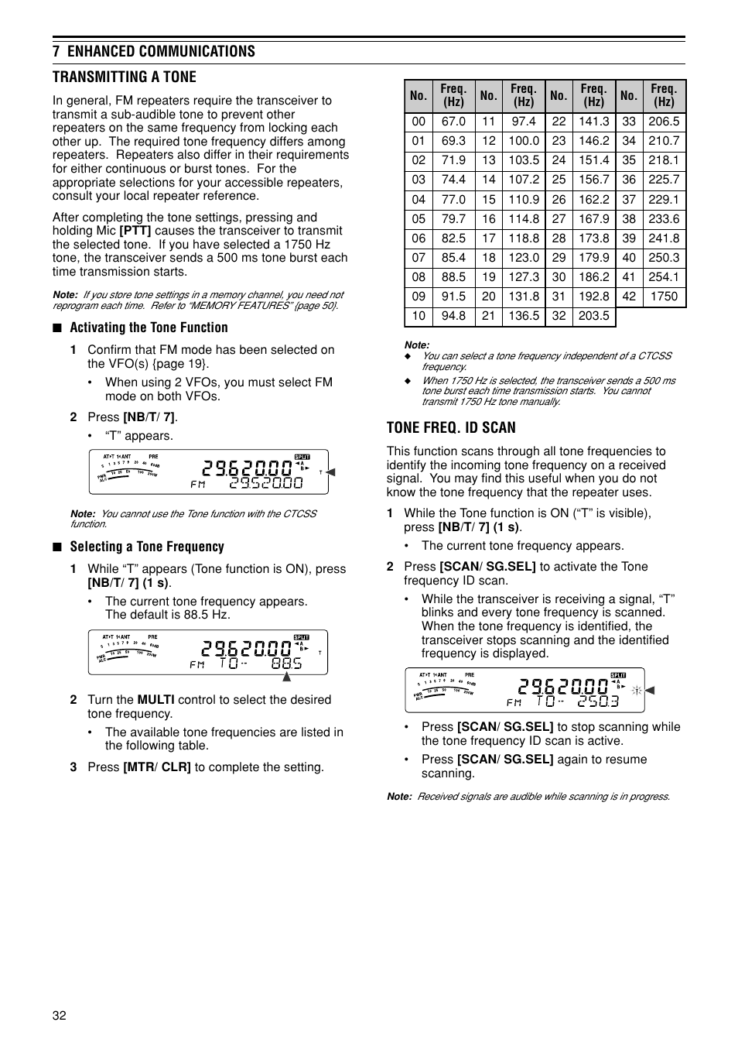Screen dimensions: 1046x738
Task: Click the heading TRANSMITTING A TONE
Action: (x=124, y=77)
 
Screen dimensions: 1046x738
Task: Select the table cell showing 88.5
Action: (x=453, y=277)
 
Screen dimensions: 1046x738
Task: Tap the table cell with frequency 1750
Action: (x=664, y=297)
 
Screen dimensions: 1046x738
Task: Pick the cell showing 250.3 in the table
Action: (x=664, y=258)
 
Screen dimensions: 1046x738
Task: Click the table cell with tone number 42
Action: (x=629, y=297)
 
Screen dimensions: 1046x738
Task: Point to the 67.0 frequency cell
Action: (x=453, y=122)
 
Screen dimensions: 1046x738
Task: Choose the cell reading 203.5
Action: (x=593, y=316)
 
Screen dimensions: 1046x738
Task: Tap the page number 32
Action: (x=60, y=1016)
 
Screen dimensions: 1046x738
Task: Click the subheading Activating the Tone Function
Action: (x=149, y=328)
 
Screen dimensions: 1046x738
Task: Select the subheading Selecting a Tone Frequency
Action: (x=147, y=547)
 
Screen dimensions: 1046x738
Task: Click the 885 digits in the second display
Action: (x=286, y=664)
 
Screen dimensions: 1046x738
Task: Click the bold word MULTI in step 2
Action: (x=155, y=700)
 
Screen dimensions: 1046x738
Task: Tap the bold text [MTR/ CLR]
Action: (x=157, y=767)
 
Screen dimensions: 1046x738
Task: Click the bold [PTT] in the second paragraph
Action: (x=135, y=231)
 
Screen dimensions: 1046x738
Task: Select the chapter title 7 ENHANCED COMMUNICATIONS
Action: (x=153, y=51)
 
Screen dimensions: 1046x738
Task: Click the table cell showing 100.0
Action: (x=524, y=141)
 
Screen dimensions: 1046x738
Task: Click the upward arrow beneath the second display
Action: (x=286, y=677)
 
